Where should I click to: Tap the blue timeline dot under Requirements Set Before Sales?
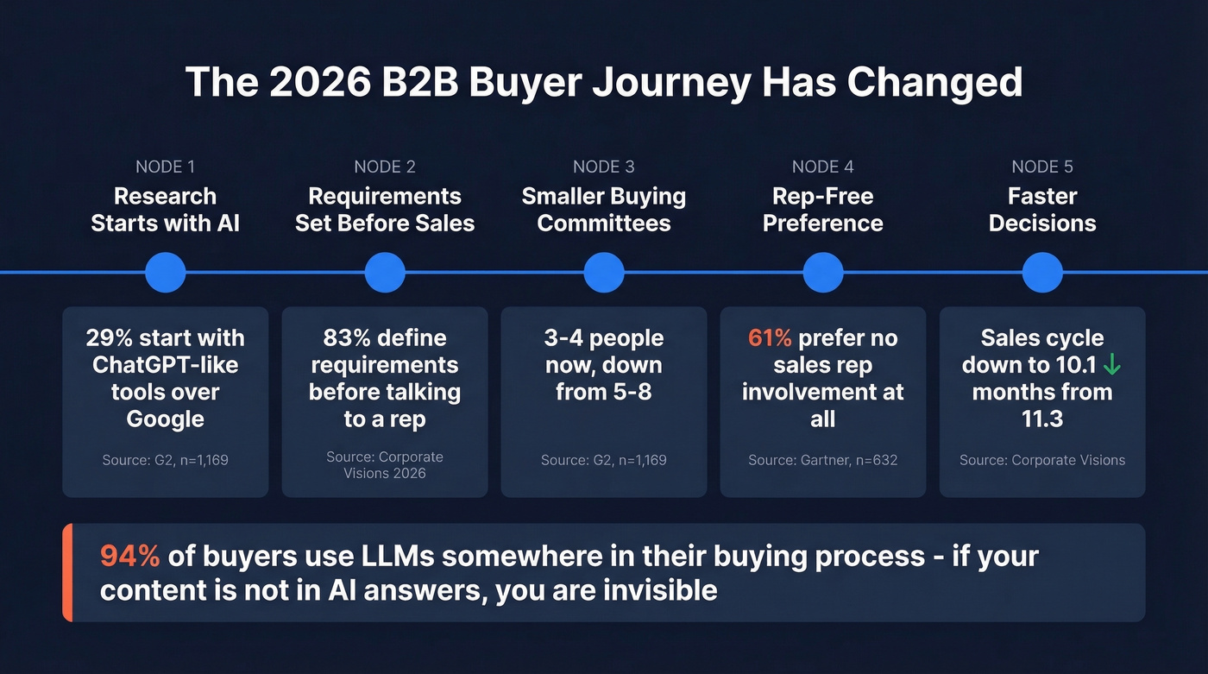pos(385,273)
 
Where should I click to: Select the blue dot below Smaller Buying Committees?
pos(604,273)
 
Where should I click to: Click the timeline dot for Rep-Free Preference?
pos(823,273)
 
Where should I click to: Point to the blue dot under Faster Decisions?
pos(1042,273)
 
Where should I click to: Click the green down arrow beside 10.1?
pos(1112,365)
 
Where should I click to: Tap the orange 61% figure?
pos(770,337)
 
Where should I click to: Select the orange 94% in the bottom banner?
pos(129,556)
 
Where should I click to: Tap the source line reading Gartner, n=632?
pos(823,460)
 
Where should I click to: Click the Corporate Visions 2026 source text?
pos(385,464)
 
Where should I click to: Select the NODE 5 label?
pos(1042,167)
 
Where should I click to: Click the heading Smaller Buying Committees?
pos(604,210)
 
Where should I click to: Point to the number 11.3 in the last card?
pos(1042,419)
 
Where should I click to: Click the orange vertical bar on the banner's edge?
pos(67,572)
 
